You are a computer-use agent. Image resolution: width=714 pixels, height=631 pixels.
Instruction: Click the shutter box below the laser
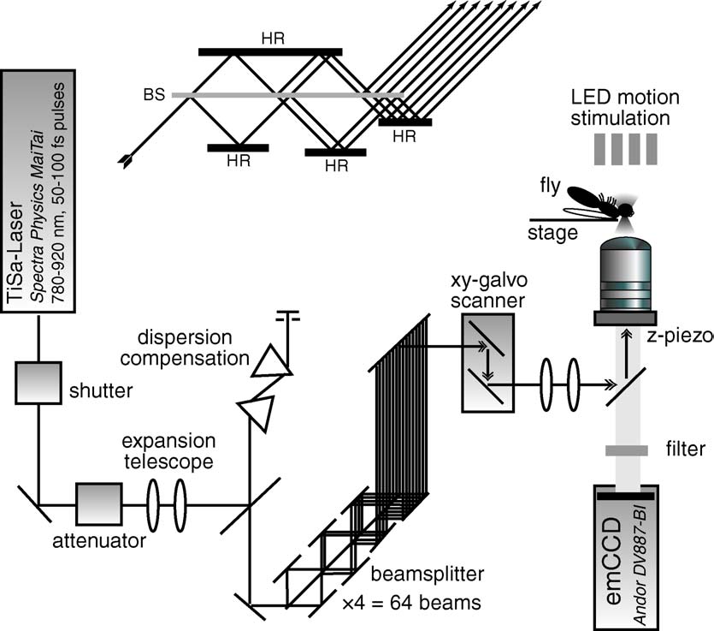click(38, 383)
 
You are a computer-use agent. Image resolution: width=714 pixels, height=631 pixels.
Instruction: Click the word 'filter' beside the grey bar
click(683, 449)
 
